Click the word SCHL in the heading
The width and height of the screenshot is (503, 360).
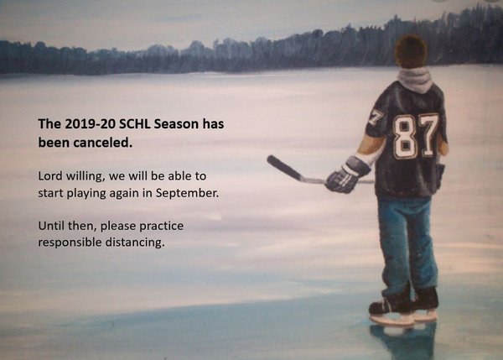[135, 124]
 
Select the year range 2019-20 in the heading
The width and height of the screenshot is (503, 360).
[91, 124]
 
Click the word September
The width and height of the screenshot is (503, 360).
[187, 193]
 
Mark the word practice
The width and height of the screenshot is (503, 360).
[161, 226]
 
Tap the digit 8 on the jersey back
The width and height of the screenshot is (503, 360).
[405, 137]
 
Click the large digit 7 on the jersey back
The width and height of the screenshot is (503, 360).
[428, 135]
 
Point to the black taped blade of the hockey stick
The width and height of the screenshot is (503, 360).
[284, 167]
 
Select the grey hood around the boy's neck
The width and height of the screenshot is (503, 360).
[415, 80]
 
